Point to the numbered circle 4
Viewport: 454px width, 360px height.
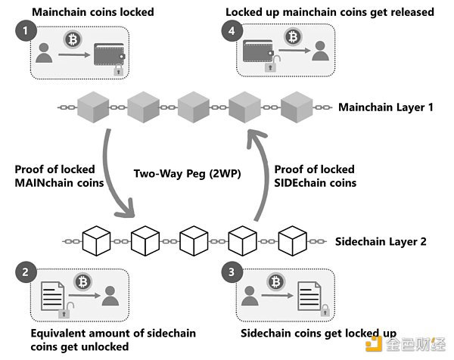point(232,31)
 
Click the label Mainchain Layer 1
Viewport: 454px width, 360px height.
point(386,108)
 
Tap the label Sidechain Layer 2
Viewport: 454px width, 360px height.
point(381,242)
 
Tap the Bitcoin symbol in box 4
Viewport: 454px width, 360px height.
point(293,36)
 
